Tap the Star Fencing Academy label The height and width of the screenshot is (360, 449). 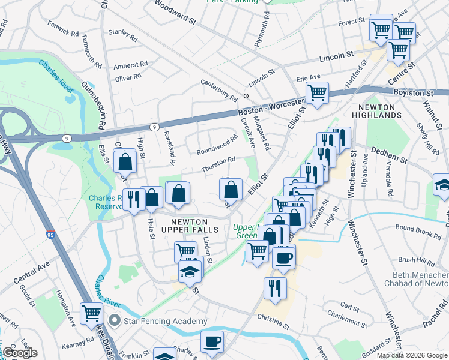coord(164,322)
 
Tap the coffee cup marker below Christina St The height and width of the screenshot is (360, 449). coord(212,341)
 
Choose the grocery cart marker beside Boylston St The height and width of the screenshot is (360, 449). coord(316,93)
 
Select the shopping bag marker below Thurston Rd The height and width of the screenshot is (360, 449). coord(231,190)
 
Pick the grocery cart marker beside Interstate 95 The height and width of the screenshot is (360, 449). coord(91,313)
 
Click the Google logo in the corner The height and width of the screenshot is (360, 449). coord(20,353)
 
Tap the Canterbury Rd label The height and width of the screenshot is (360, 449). coord(219,90)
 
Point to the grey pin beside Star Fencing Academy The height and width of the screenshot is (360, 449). coord(115,321)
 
